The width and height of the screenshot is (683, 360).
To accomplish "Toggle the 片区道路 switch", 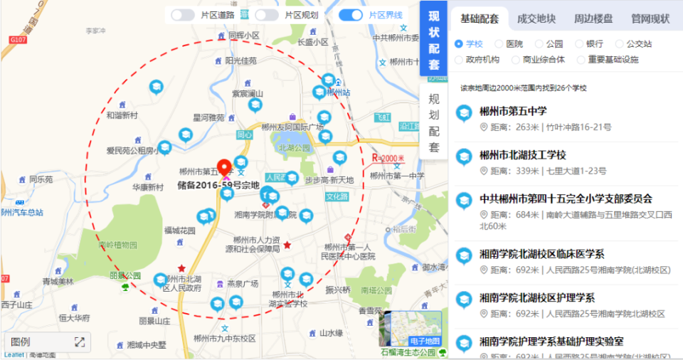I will coord(183,15).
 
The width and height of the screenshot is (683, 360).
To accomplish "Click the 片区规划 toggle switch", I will coord(267,15).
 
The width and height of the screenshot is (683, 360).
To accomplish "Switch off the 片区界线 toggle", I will coord(351,15).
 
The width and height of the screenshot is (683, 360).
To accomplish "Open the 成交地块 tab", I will coord(536,19).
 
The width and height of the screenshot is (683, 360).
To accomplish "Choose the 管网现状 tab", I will coord(650,19).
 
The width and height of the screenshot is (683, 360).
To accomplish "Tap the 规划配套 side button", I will coord(434,123).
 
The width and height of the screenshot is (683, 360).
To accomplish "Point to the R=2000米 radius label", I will coord(388,158).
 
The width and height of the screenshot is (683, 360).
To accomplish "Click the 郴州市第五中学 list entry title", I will coord(513,112).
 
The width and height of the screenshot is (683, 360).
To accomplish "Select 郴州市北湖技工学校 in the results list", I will coord(523,155).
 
